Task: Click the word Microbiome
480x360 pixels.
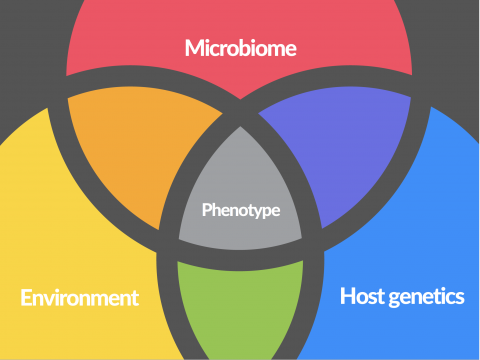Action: (x=241, y=48)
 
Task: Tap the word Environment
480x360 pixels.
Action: (x=80, y=297)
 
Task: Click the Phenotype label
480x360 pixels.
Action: (x=241, y=210)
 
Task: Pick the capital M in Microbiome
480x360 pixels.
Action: (x=194, y=48)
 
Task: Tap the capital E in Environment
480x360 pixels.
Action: (x=26, y=297)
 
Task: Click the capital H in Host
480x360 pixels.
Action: (x=347, y=296)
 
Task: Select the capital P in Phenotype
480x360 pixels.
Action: (x=207, y=209)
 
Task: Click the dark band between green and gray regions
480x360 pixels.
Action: (x=240, y=260)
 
